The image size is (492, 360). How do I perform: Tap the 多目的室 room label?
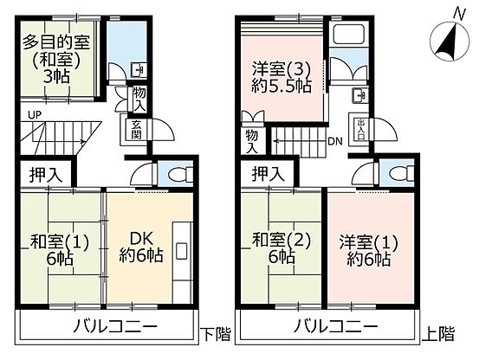pyautogui.click(x=56, y=42)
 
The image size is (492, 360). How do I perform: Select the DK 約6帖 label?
pyautogui.click(x=141, y=247)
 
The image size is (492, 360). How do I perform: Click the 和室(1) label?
pyautogui.click(x=59, y=241)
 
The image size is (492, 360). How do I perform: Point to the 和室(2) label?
pyautogui.click(x=282, y=241)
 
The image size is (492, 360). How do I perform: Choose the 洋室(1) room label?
pyautogui.click(x=368, y=242)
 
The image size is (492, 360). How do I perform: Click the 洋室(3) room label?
pyautogui.click(x=282, y=69)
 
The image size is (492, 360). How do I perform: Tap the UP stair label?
pyautogui.click(x=35, y=115)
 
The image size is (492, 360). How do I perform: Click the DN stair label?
pyautogui.click(x=335, y=141)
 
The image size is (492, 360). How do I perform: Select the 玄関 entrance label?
pyautogui.click(x=137, y=130)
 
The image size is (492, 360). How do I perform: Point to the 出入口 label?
pyautogui.click(x=359, y=129)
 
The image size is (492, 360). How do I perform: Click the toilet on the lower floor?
pyautogui.click(x=180, y=175)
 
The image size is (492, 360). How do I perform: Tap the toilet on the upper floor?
pyautogui.click(x=402, y=173)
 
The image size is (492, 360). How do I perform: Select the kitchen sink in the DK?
pyautogui.click(x=182, y=251)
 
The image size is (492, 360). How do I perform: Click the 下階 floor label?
pyautogui.click(x=216, y=334)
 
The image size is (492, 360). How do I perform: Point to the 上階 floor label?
pyautogui.click(x=438, y=334)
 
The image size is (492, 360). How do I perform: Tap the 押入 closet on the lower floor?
pyautogui.click(x=46, y=175)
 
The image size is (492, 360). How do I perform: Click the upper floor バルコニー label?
pyautogui.click(x=336, y=327)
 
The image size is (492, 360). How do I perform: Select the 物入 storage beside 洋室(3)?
pyautogui.click(x=252, y=142)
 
